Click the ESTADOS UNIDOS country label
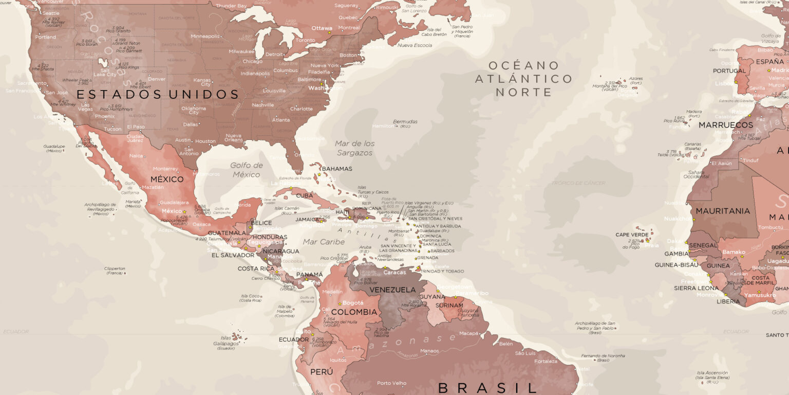point(158,94)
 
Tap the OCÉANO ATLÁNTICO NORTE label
point(523,79)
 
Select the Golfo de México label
point(247,170)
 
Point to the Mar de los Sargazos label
point(354,148)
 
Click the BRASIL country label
point(487,387)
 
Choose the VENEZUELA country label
point(392,290)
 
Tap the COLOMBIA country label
point(354,312)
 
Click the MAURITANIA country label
point(723,211)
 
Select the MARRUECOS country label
point(725,125)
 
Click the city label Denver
point(157,79)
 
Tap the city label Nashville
point(263,105)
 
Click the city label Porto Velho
point(391,383)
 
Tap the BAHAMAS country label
point(337,169)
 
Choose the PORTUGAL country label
point(729,71)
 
